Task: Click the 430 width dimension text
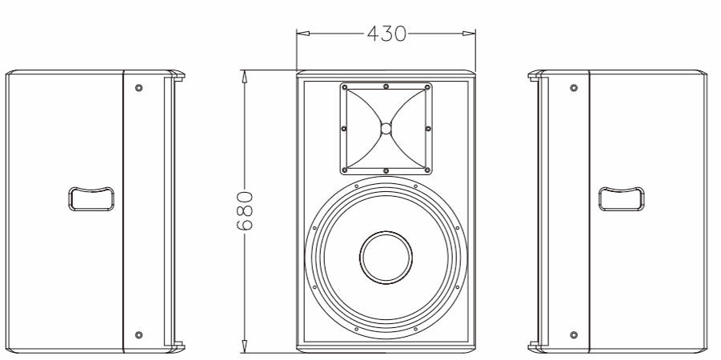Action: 386,34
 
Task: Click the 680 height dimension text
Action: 246,210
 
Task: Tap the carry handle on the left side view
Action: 90,199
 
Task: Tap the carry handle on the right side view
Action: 622,199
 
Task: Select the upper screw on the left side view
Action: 139,87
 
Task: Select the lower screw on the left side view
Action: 139,334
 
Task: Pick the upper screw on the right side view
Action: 573,87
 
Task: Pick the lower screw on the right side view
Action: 573,334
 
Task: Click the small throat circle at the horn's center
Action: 386,128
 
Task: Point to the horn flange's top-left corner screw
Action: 345,86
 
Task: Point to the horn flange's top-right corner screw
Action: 427,86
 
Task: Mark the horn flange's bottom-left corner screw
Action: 345,170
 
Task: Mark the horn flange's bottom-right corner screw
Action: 427,170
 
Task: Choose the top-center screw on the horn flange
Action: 386,86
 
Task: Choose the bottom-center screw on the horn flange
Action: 386,170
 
